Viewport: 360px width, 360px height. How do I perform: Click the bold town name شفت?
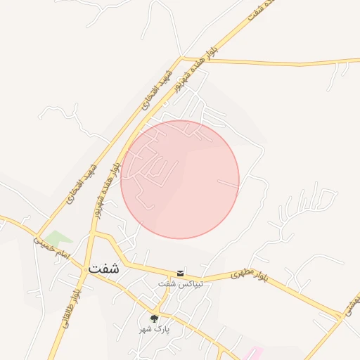click(104, 268)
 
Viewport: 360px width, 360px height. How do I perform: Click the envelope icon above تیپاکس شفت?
click(181, 273)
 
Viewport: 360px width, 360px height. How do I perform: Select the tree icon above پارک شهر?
click(154, 319)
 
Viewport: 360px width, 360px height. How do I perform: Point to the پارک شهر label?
click(154, 329)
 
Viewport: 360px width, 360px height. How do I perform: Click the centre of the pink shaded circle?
click(180, 179)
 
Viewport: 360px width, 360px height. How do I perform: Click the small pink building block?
click(255, 352)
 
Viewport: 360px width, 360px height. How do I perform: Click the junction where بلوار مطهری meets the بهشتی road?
click(343, 316)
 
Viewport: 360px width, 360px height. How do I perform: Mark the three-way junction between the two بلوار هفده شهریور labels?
click(181, 58)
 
